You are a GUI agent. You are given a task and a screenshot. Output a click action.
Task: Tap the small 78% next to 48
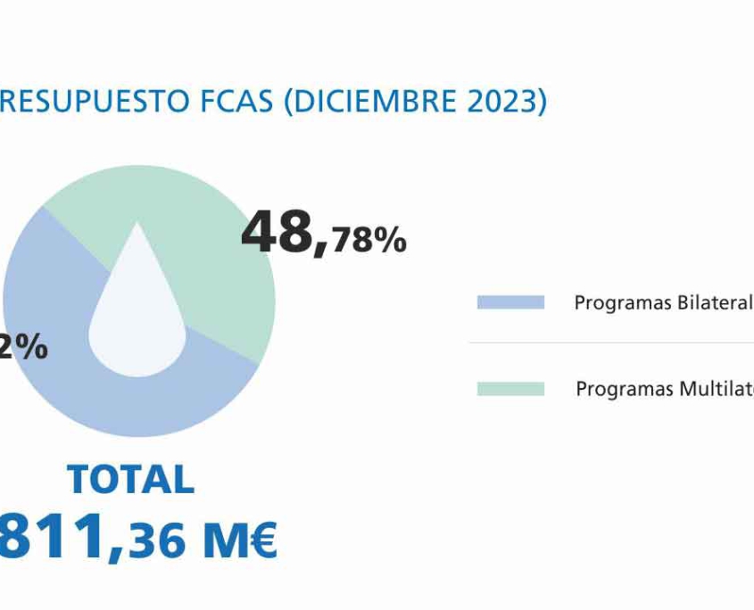369,241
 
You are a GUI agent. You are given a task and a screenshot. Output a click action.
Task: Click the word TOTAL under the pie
130,480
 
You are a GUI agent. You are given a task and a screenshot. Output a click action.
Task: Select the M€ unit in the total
238,540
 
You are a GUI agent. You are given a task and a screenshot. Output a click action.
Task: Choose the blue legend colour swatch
510,302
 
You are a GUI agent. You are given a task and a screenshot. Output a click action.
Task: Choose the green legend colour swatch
510,389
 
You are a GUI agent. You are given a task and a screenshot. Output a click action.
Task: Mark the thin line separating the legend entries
611,343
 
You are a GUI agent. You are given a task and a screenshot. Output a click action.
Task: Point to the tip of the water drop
137,225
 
